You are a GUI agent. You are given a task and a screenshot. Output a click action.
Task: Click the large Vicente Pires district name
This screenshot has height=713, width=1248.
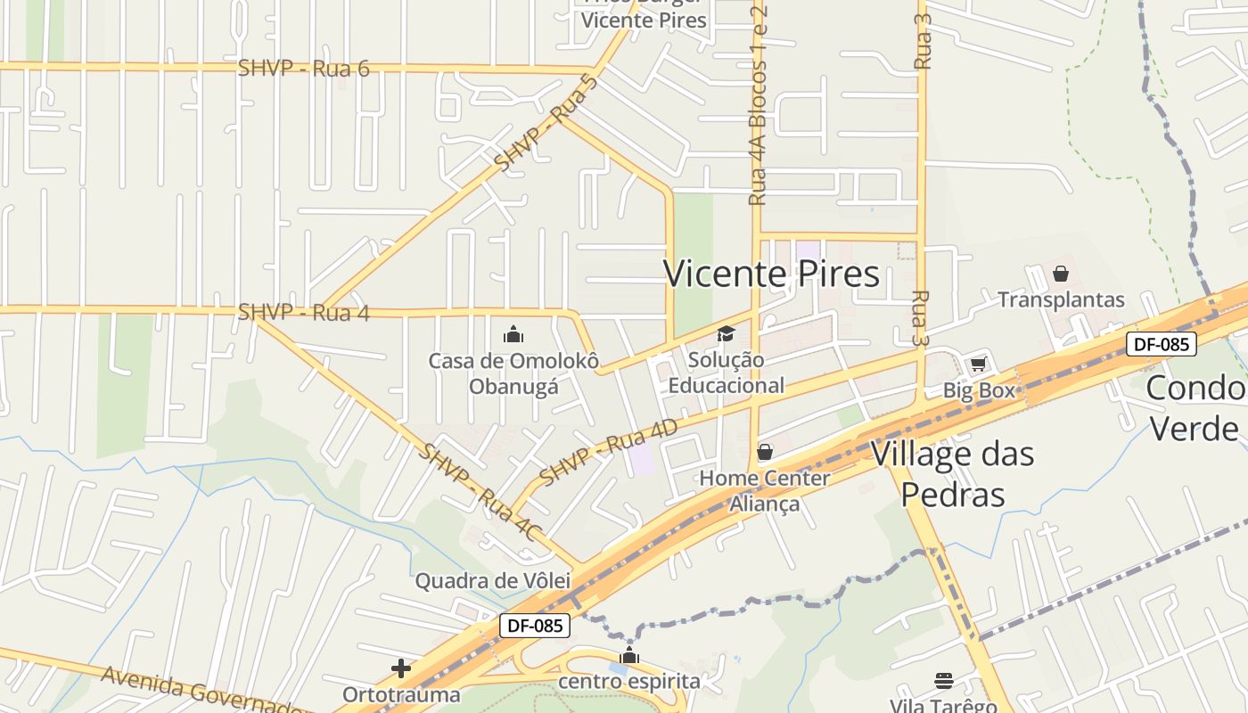[771, 274]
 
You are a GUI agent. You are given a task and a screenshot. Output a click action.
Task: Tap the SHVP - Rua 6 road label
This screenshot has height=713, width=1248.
[303, 68]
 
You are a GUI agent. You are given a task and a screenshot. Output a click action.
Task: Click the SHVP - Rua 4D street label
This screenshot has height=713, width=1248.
[608, 452]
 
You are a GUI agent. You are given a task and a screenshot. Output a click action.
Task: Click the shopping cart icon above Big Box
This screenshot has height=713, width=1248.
[978, 364]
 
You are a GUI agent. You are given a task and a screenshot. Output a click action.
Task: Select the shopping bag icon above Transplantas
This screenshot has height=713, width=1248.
[1061, 274]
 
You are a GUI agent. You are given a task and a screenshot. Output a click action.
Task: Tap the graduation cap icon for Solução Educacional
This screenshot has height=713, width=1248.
[727, 334]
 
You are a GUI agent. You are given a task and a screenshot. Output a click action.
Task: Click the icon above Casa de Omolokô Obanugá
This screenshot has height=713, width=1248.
[513, 335]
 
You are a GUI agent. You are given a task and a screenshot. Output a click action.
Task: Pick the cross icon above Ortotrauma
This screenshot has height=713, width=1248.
[401, 668]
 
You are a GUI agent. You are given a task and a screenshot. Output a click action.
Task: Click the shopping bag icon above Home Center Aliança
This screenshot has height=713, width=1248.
[764, 452]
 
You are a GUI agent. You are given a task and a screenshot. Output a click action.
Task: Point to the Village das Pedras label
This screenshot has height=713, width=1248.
[952, 473]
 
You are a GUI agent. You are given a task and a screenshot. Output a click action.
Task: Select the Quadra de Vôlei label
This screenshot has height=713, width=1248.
[492, 581]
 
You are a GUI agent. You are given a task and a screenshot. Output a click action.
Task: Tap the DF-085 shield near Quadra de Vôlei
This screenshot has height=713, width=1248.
[534, 626]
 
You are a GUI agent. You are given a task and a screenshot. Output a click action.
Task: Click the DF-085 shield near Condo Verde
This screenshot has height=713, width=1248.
[1161, 344]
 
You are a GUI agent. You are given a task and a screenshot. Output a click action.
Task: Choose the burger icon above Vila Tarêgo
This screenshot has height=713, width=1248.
[944, 681]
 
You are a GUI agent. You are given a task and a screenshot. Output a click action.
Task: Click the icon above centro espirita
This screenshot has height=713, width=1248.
[629, 657]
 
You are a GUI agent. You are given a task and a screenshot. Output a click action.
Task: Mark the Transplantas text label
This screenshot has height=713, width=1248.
[1061, 299]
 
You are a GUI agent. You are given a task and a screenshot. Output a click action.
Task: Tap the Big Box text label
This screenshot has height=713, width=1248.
[979, 390]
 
